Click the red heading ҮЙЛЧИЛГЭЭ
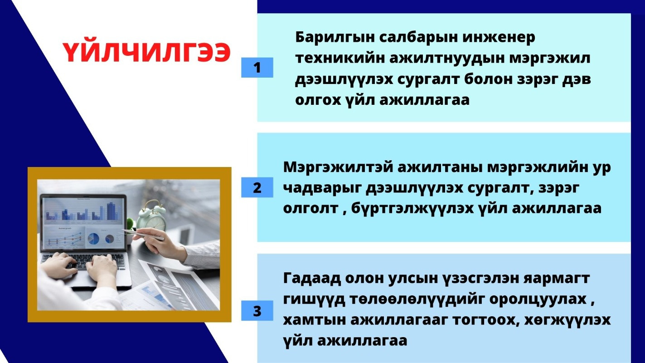[x=146, y=53]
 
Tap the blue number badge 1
[x=257, y=68]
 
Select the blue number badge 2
[x=257, y=187]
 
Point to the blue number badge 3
[x=257, y=311]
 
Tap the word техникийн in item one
[x=340, y=58]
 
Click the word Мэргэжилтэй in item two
[x=338, y=167]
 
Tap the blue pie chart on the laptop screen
[x=93, y=239]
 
